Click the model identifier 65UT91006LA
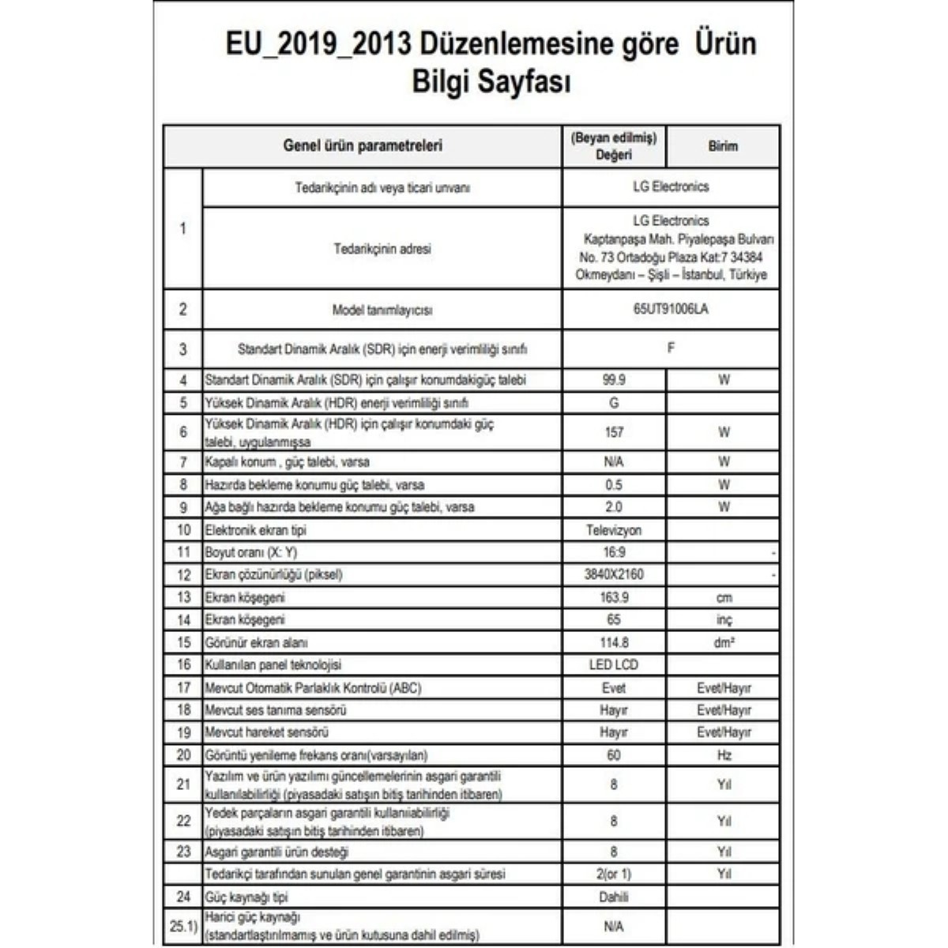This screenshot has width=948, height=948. point(670,310)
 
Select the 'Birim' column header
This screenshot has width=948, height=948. point(723,146)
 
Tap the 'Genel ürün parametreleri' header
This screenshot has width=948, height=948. point(363,146)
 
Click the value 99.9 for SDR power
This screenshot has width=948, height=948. point(614,380)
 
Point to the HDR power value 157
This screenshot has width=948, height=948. point(614,432)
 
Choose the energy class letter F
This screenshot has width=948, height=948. point(671,348)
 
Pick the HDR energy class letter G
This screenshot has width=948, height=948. point(614,403)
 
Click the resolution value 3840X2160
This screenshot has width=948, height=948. point(614,574)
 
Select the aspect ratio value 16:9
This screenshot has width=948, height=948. point(614,552)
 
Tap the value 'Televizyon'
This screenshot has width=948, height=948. point(614,530)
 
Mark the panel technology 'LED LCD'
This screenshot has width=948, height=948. point(614,665)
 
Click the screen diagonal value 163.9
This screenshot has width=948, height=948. point(614,597)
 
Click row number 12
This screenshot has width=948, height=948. point(183,575)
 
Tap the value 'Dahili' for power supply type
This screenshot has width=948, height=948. point(614,897)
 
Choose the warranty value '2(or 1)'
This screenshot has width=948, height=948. point(614,875)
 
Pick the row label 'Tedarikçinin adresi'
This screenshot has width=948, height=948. point(382,249)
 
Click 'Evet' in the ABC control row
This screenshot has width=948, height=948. point(614,688)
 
